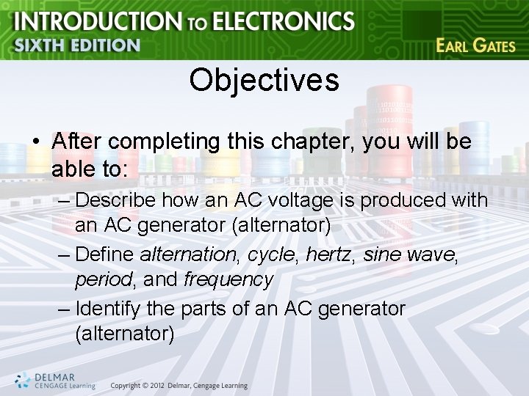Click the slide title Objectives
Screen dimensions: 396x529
(264, 80)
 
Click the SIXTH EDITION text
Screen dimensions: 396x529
(76, 45)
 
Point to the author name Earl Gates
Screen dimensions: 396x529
(475, 45)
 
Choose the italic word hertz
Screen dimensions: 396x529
(324, 254)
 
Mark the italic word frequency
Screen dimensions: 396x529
(228, 279)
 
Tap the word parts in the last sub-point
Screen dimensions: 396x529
(205, 309)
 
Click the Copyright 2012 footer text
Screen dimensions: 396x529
(179, 386)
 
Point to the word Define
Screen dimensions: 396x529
(105, 254)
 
